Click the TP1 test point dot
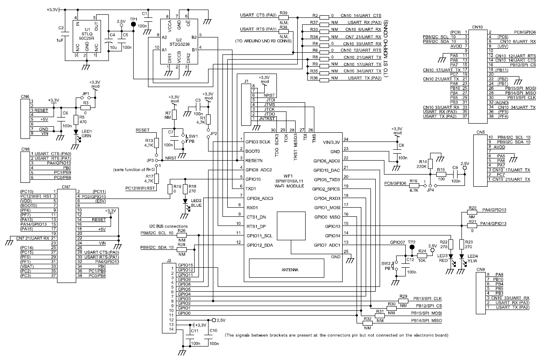coord(134,24)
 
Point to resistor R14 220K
coord(430,164)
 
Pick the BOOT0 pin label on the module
coord(253,151)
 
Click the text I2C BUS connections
coord(168,226)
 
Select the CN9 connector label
coord(480,269)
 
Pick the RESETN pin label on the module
coord(255,161)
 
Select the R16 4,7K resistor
coord(414,185)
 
